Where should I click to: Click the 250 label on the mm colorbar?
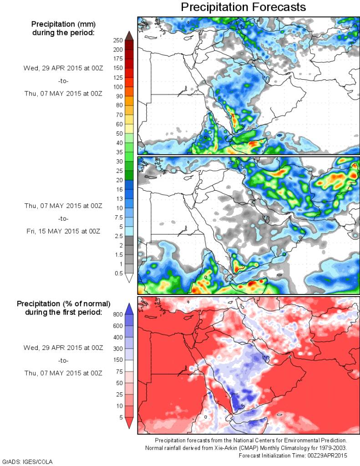pos(117,40)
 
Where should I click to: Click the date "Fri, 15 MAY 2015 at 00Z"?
pos(63,231)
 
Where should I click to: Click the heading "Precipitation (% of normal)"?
pos(63,304)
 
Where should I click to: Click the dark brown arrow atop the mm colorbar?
pos(129,35)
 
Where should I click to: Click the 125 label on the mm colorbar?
pos(117,77)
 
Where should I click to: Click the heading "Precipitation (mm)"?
pos(63,24)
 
